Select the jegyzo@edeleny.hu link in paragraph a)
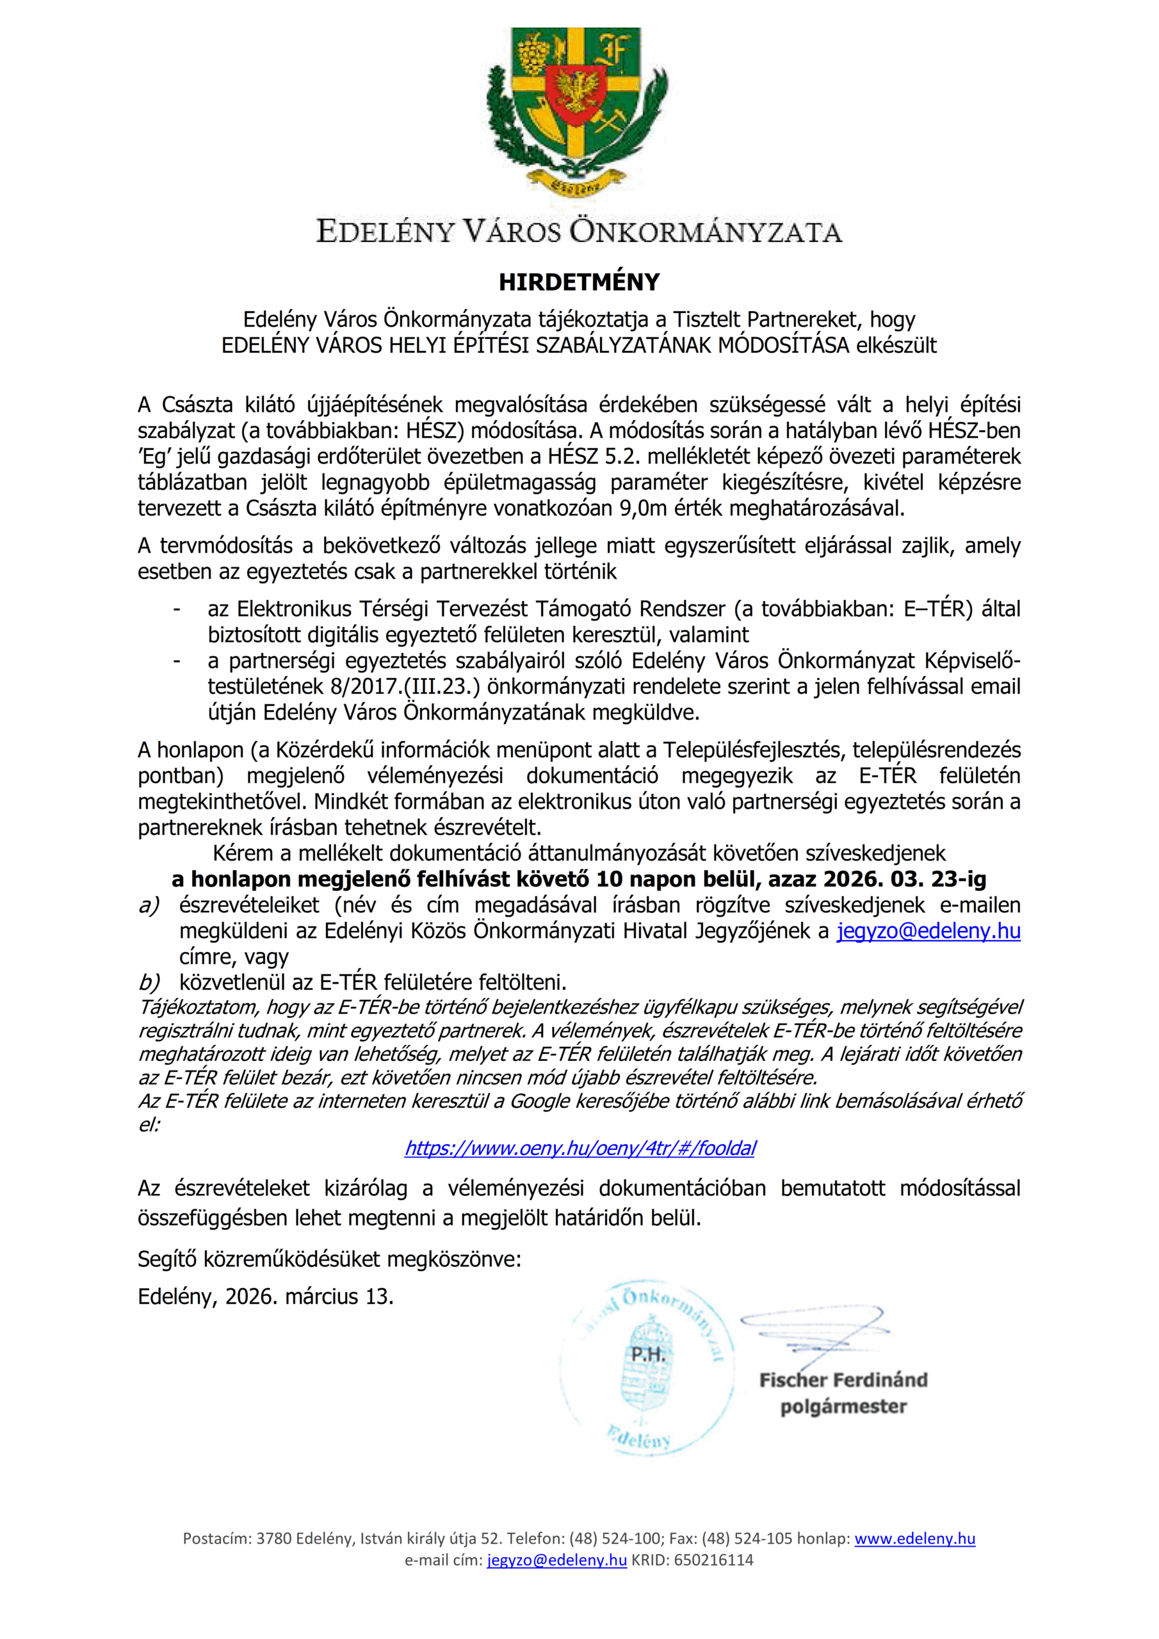click(x=928, y=931)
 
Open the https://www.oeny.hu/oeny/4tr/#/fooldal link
click(x=580, y=1148)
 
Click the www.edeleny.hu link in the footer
click(x=915, y=1538)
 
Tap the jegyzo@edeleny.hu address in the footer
click(x=557, y=1560)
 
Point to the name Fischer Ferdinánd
click(x=843, y=1380)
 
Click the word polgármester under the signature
click(x=843, y=1407)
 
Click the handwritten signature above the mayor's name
click(x=814, y=1327)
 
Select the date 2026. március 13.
click(x=310, y=1296)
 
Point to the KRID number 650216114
click(x=713, y=1560)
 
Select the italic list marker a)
click(x=149, y=905)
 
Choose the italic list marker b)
click(x=149, y=982)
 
